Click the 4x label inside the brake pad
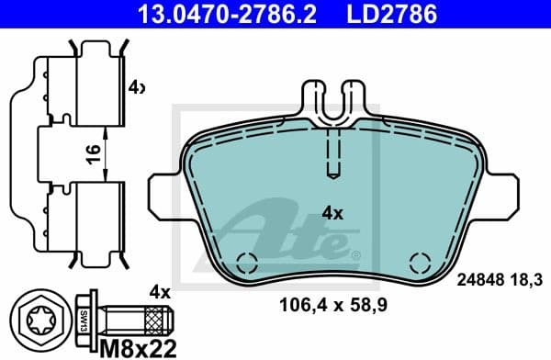pyautogui.click(x=332, y=214)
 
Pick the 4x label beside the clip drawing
pyautogui.click(x=136, y=88)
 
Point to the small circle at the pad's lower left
pyautogui.click(x=244, y=260)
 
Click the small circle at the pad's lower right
pyautogui.click(x=419, y=260)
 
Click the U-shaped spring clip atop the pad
pyautogui.click(x=333, y=101)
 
